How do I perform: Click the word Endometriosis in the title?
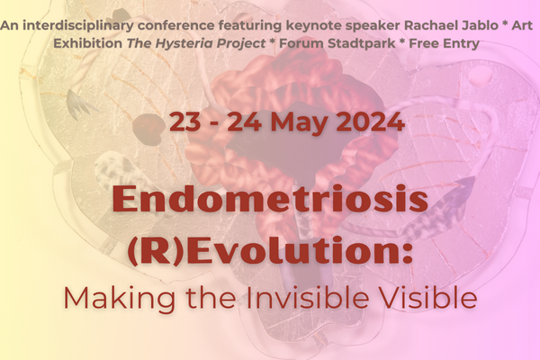point(270,199)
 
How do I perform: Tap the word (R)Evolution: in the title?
point(270,251)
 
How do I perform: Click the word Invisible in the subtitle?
point(307,298)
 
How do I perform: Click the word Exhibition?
point(88,43)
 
